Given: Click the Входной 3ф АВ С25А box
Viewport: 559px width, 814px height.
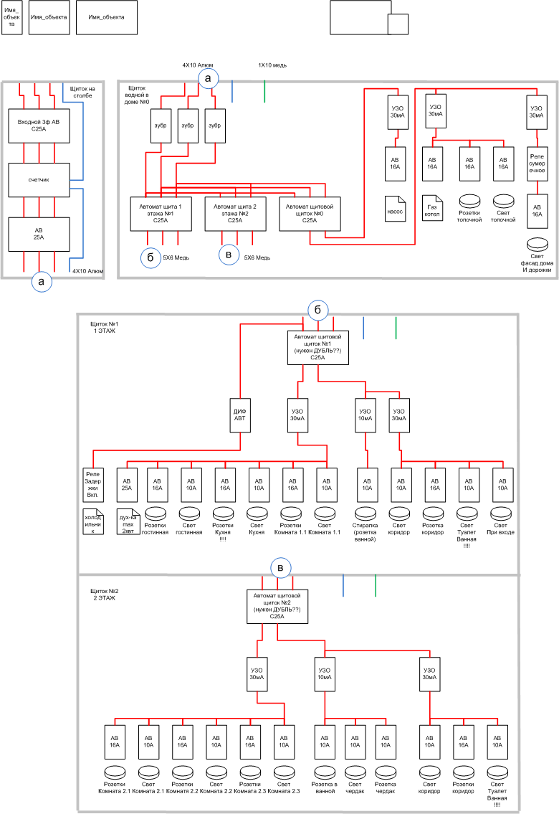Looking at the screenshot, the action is pos(39,126).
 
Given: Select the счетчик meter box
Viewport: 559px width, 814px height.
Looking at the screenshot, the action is pos(39,180).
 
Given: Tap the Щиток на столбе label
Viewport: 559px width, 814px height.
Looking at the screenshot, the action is pos(82,92).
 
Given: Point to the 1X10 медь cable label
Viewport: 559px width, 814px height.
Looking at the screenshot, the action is pos(272,65).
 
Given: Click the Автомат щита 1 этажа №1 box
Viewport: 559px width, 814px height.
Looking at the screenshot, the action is pos(161,214).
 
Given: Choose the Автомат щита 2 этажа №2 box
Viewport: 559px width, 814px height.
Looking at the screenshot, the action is pos(235,214).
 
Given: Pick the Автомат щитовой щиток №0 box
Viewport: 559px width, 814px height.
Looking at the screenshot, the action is pos(310,214).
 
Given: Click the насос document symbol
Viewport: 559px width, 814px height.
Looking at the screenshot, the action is pos(395,208).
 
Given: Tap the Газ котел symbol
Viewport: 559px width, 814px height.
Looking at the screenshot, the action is pos(432,208).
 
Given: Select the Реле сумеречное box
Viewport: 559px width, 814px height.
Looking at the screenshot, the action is pos(537,164).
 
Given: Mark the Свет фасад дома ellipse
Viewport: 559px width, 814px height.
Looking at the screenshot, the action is pos(537,244).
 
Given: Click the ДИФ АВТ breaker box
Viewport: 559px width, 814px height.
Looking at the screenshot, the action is pos(240,415).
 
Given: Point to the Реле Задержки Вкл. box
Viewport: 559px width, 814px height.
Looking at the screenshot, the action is pos(93,485).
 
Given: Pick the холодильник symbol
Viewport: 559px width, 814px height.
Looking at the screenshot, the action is pos(93,521).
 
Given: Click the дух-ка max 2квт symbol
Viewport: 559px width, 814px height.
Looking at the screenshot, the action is pos(128,521).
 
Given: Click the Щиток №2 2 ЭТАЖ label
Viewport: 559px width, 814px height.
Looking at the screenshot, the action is pos(104,595).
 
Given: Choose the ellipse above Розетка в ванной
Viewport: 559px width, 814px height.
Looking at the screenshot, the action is pos(325,772).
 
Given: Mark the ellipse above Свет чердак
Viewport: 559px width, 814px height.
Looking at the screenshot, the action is pos(355,772).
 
